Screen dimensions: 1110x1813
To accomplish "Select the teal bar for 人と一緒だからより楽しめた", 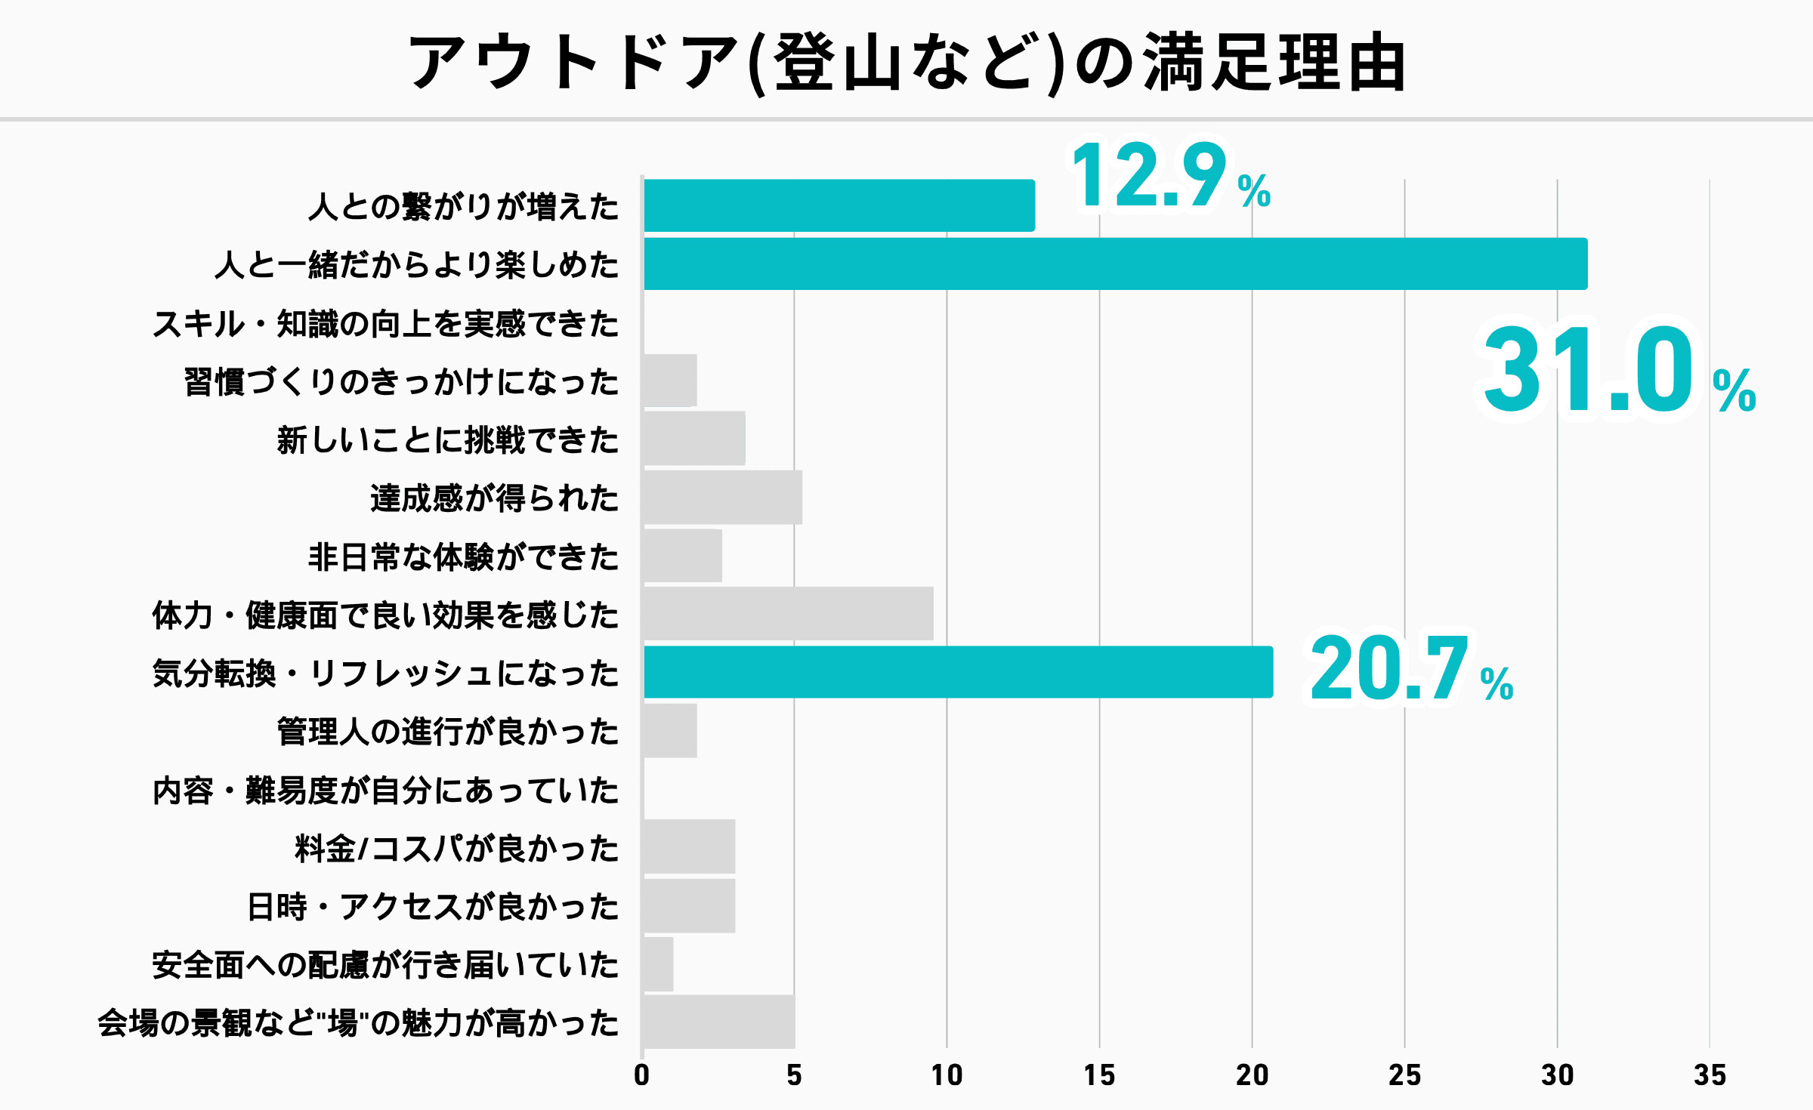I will [1115, 264].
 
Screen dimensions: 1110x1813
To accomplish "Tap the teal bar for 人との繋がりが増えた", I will [839, 205].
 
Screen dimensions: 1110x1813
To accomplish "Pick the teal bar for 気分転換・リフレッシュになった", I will [958, 672].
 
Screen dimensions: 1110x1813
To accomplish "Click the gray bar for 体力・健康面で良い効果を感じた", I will [788, 614].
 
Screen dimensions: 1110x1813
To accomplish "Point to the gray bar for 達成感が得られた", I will [722, 498].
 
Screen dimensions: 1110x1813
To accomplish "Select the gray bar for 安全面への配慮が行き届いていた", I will [658, 964].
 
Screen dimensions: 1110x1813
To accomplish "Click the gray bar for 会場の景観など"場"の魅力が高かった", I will [718, 1022].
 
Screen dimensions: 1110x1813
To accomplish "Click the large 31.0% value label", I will [1617, 370].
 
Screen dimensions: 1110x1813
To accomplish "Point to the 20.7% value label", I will [1410, 669].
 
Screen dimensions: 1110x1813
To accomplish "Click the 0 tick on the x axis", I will [641, 1075].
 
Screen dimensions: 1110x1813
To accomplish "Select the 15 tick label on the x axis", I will [1099, 1075].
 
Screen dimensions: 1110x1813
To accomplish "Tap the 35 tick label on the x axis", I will [1710, 1075].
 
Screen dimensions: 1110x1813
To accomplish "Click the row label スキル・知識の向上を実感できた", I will [385, 323].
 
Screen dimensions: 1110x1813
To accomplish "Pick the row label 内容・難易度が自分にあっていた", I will [385, 791].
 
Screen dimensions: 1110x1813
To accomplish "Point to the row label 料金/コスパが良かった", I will [456, 849].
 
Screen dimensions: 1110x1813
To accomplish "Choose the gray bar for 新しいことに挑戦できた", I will [694, 439].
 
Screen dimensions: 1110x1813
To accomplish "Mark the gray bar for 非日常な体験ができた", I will [682, 556].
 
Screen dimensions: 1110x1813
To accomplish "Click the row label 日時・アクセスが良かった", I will [433, 907].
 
